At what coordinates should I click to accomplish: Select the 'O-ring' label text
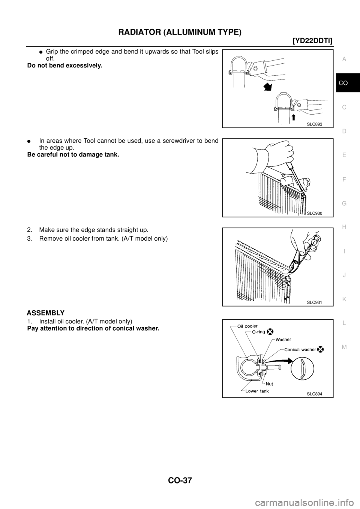(256, 332)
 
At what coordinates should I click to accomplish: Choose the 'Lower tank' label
(258, 391)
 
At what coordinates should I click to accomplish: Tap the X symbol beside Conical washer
(320, 349)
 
